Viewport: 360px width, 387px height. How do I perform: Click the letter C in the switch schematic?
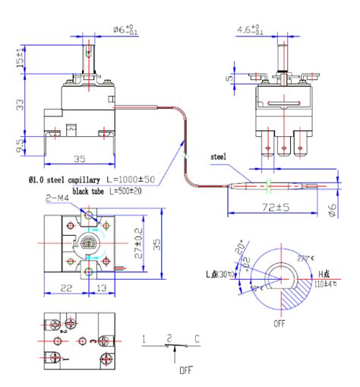tap(197, 338)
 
